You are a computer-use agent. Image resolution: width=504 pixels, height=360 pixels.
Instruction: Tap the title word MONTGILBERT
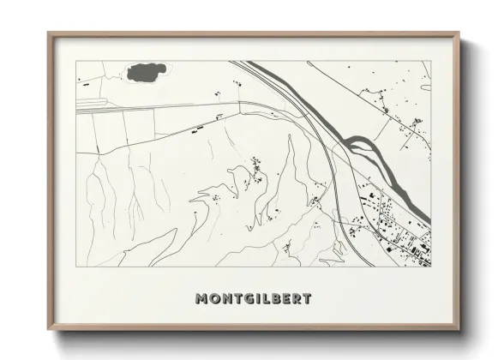[x=253, y=299]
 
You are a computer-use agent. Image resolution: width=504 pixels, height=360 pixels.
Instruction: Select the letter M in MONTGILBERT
[x=202, y=299]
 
